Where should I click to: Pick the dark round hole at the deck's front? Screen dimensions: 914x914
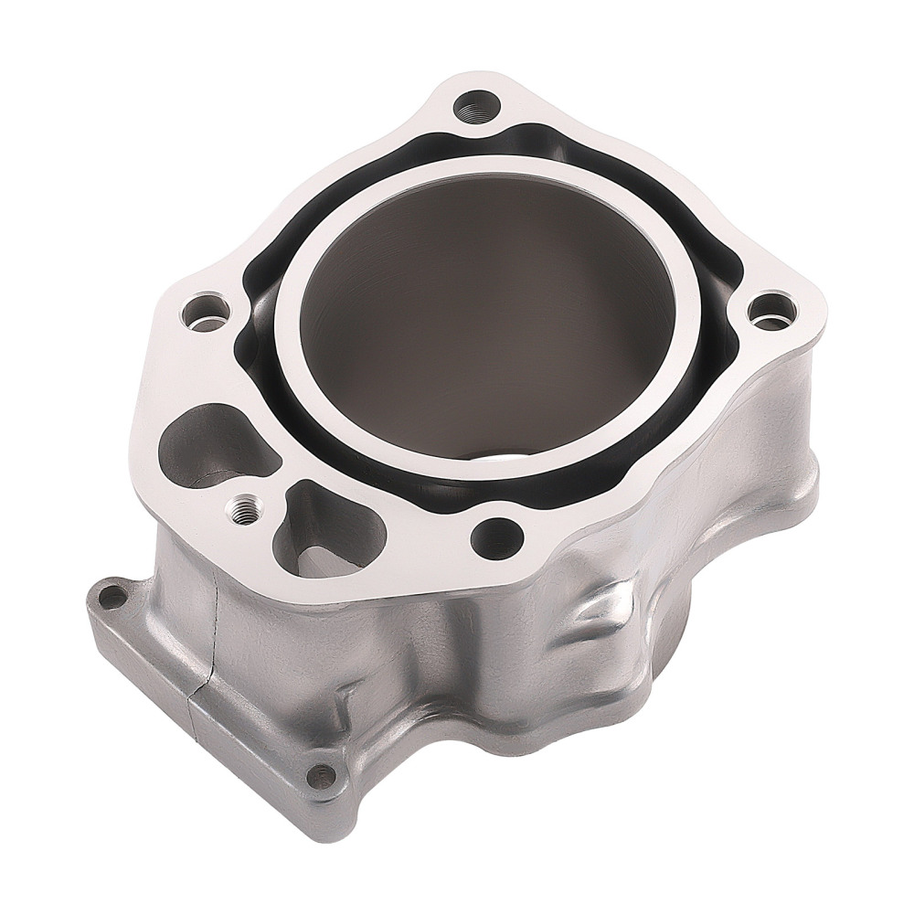tap(497, 537)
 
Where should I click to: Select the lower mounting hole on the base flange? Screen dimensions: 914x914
tap(319, 777)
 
